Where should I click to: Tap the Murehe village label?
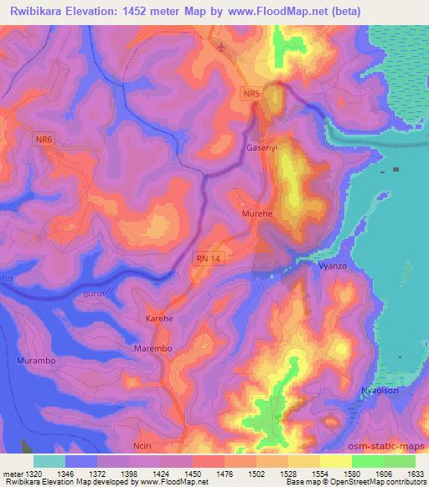tap(256, 214)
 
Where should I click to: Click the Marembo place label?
tap(152, 346)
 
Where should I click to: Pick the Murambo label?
tap(36, 360)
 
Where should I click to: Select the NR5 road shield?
tap(254, 96)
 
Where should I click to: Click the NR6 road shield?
tap(45, 141)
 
